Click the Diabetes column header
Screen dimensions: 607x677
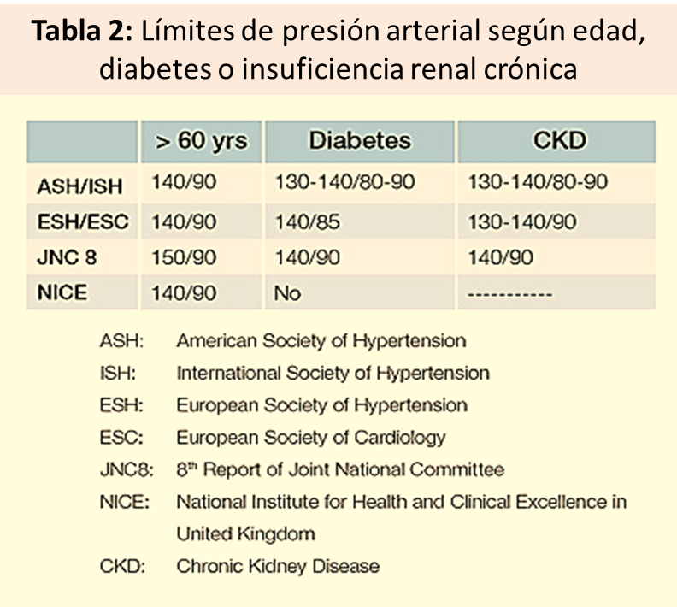tap(360, 141)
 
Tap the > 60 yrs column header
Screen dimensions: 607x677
tap(201, 141)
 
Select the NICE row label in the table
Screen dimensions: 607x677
tap(62, 293)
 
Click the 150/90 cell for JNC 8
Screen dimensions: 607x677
tap(184, 257)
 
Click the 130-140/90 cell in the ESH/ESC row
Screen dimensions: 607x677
tap(522, 221)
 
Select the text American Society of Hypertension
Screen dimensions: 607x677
tap(321, 341)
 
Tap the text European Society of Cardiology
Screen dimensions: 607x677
tap(310, 438)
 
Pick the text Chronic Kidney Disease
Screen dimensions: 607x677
tap(278, 566)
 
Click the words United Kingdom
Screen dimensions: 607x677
tap(245, 534)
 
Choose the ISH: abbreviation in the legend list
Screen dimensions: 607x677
tap(120, 374)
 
